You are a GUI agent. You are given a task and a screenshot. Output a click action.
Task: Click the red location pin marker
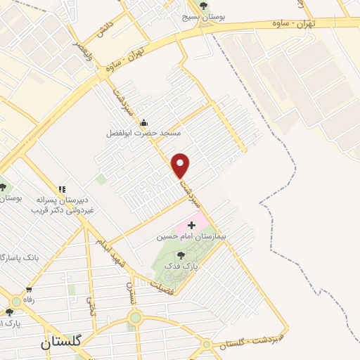click(181, 165)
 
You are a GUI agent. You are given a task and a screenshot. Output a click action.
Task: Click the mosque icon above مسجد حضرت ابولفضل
click(143, 122)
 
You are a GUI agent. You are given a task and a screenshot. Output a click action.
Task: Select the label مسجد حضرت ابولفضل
click(143, 132)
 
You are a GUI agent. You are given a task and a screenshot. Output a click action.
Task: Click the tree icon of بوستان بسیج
click(204, 6)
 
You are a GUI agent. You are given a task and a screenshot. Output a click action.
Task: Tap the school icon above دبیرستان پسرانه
click(62, 189)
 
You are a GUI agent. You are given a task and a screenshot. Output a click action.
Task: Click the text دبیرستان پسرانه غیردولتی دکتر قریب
click(62, 205)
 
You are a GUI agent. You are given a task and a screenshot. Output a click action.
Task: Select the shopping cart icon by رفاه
click(29, 289)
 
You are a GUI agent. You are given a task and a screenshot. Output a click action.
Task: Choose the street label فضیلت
click(162, 283)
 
